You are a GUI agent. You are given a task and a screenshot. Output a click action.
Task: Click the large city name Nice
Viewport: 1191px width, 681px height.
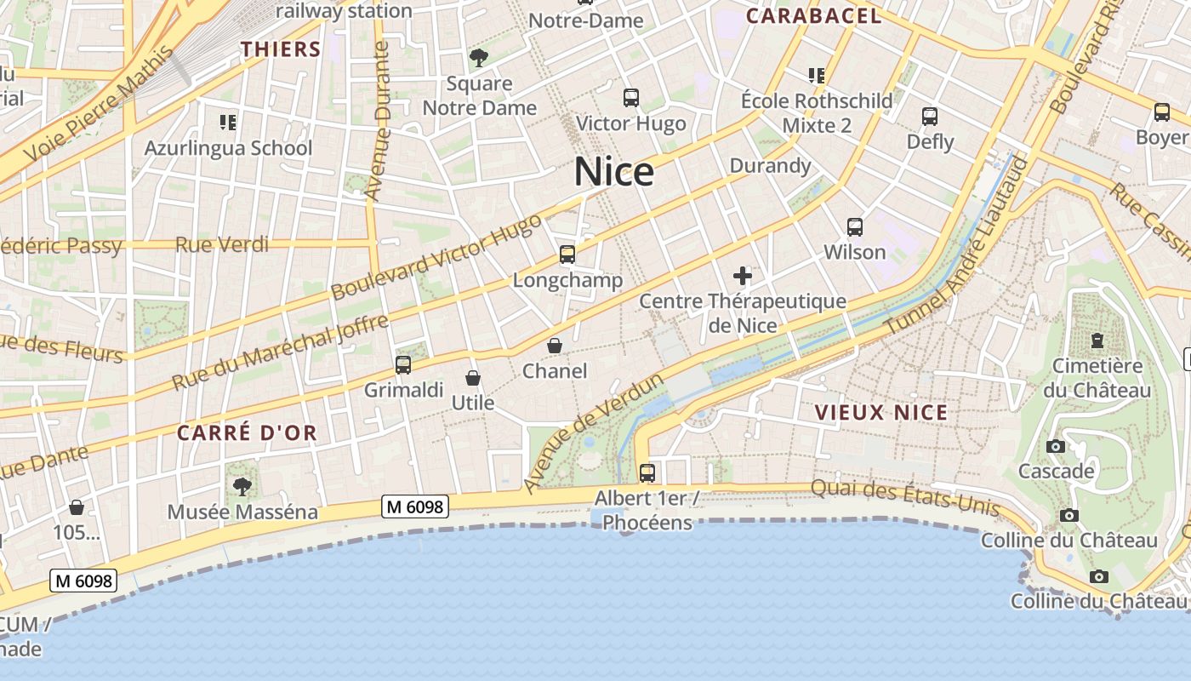coord(614,172)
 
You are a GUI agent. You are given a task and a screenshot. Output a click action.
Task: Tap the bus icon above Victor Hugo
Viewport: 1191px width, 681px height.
coord(630,98)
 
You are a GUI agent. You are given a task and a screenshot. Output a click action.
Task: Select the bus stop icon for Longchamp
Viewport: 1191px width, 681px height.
coord(567,254)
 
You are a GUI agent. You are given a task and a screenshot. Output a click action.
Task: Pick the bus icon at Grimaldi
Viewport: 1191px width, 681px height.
coord(403,365)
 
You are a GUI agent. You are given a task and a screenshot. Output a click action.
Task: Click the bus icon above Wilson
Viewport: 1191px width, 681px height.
coord(855,227)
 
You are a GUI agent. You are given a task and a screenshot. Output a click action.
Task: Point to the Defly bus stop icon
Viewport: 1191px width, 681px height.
coord(930,116)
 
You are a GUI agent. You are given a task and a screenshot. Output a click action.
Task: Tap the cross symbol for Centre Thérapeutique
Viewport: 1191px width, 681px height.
coord(743,276)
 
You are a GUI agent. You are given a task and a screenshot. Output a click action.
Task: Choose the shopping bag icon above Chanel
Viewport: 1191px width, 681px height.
coord(555,346)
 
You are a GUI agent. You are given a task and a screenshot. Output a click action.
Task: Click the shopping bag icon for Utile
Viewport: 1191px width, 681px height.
coord(473,378)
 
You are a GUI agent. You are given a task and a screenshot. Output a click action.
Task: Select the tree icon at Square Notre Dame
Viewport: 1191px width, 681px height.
coord(479,58)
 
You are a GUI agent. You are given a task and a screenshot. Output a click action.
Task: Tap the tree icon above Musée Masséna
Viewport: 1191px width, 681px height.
coord(242,486)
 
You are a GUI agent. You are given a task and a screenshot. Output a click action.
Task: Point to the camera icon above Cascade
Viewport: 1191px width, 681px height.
coord(1056,446)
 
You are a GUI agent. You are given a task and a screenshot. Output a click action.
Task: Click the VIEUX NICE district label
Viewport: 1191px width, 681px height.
coord(881,413)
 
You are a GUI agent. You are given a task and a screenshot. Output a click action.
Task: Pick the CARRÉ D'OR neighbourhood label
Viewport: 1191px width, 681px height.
coord(247,432)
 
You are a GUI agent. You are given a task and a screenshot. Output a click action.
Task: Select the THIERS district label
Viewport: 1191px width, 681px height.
coord(281,49)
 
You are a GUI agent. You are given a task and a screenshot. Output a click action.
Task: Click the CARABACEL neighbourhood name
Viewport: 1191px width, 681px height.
coord(813,15)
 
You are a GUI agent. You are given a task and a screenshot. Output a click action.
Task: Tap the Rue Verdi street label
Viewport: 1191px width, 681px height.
coord(222,245)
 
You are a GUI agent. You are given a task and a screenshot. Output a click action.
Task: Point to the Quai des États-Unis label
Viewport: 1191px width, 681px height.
coord(904,497)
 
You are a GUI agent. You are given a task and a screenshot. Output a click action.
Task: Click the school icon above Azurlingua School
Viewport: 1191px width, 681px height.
coord(228,123)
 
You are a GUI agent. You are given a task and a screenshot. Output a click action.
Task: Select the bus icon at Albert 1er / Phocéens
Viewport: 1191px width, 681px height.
coord(647,472)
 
